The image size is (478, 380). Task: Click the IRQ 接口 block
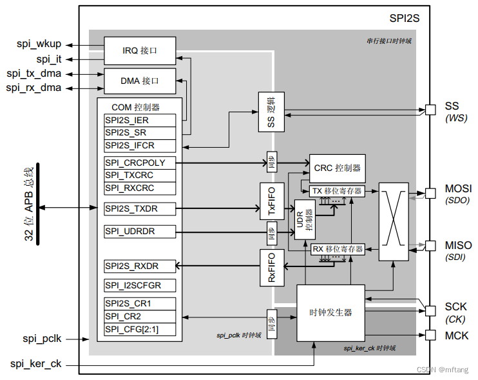click(140, 49)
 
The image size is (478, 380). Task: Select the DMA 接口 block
click(140, 81)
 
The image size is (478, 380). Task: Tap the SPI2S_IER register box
click(139, 120)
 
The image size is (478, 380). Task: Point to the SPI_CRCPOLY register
click(139, 163)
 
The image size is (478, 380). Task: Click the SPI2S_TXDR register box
click(139, 208)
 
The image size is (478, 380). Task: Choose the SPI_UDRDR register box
click(139, 231)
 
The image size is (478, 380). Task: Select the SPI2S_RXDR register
click(139, 266)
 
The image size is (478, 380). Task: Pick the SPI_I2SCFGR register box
click(139, 285)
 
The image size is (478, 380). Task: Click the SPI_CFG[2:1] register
click(139, 329)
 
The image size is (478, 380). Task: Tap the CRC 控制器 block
click(337, 168)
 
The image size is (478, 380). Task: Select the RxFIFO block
click(271, 268)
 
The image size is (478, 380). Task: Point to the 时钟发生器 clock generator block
click(330, 312)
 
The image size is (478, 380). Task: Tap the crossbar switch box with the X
click(393, 222)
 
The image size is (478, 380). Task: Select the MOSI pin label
click(458, 189)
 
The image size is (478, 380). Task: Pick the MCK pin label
click(457, 335)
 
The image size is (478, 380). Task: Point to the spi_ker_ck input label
click(36, 364)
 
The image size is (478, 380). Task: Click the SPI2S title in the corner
click(404, 19)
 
